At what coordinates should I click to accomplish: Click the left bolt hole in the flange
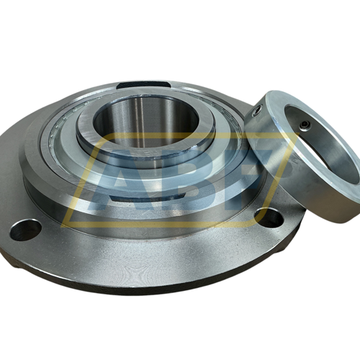[25, 230]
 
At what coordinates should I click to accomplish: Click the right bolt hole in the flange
[269, 218]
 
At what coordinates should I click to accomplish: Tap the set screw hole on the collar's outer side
[258, 111]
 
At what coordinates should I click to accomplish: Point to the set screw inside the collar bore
[305, 125]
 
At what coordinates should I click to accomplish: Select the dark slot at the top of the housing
[144, 84]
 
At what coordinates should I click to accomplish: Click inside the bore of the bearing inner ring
[146, 125]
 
